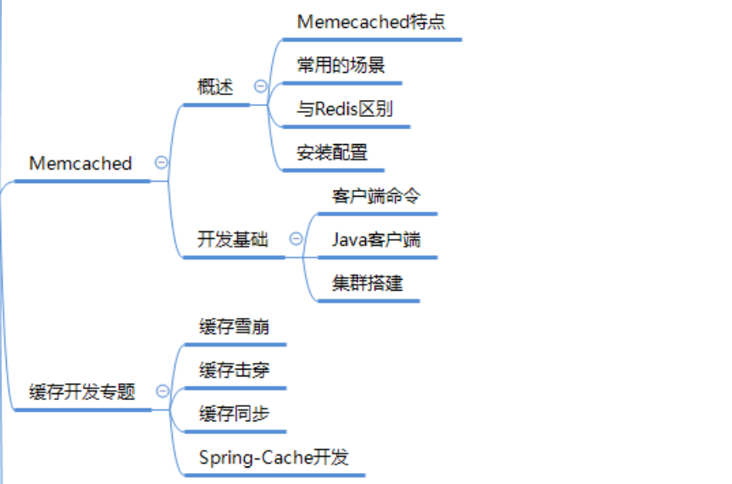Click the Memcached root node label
point(80,164)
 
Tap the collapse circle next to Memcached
point(160,163)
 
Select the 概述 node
point(215,86)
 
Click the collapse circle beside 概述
point(260,86)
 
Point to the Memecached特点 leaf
point(371,22)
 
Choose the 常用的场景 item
point(341,65)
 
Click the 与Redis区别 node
point(344,109)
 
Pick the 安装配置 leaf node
point(332,153)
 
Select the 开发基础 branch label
point(233,239)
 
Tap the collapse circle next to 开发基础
point(296,239)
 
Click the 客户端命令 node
point(375,196)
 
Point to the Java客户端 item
point(375,240)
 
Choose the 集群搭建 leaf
point(367,283)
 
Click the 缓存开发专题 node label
point(82,392)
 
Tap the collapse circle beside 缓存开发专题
point(163,392)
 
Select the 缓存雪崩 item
point(234,327)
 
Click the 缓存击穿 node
point(234,370)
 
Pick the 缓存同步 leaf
point(234,414)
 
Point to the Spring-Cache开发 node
point(274,458)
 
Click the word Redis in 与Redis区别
point(335,109)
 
